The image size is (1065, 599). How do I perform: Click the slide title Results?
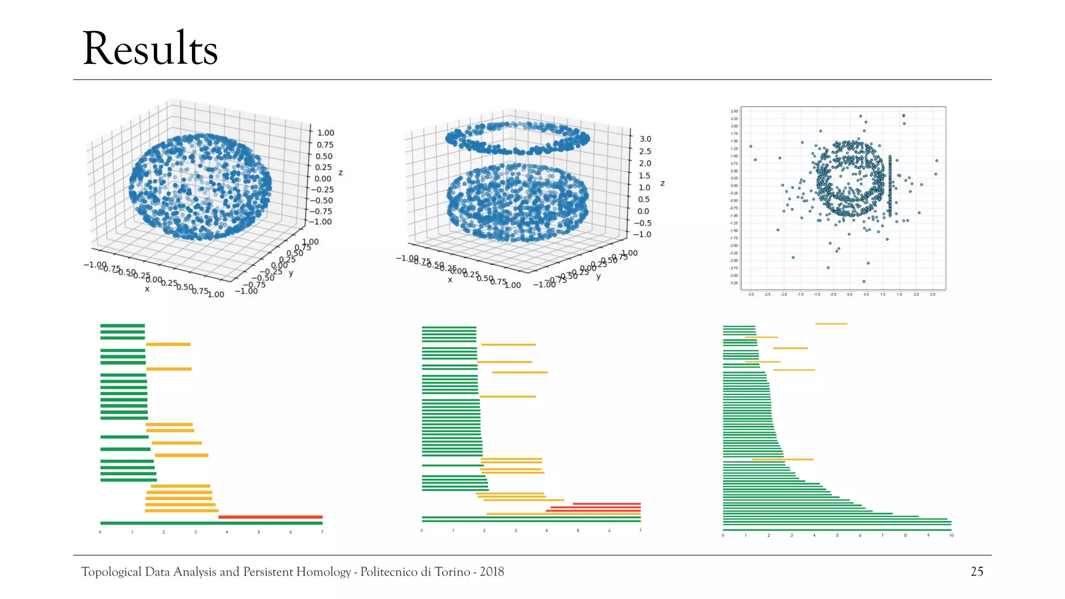(150, 49)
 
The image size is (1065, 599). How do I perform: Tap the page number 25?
(977, 571)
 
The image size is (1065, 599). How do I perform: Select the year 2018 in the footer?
(491, 571)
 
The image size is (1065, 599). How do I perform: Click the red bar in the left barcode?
(270, 517)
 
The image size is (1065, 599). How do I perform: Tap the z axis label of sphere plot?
(341, 173)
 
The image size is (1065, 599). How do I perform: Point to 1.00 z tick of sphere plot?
(326, 133)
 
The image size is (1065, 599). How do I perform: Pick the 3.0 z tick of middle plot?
(645, 139)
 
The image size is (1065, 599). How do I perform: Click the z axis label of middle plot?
(663, 184)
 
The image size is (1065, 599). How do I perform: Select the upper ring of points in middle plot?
(517, 138)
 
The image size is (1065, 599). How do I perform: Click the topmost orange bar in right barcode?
(831, 324)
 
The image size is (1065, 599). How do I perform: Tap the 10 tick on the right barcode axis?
(951, 535)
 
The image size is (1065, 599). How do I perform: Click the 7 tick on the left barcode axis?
(322, 532)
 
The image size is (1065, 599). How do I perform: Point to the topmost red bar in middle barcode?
(606, 504)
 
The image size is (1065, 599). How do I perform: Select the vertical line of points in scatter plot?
(890, 186)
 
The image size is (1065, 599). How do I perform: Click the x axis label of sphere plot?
(147, 289)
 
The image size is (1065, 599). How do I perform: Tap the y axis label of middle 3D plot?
(599, 277)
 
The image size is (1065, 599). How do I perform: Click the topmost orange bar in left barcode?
(168, 344)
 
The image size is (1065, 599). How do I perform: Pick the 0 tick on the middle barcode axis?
(422, 530)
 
